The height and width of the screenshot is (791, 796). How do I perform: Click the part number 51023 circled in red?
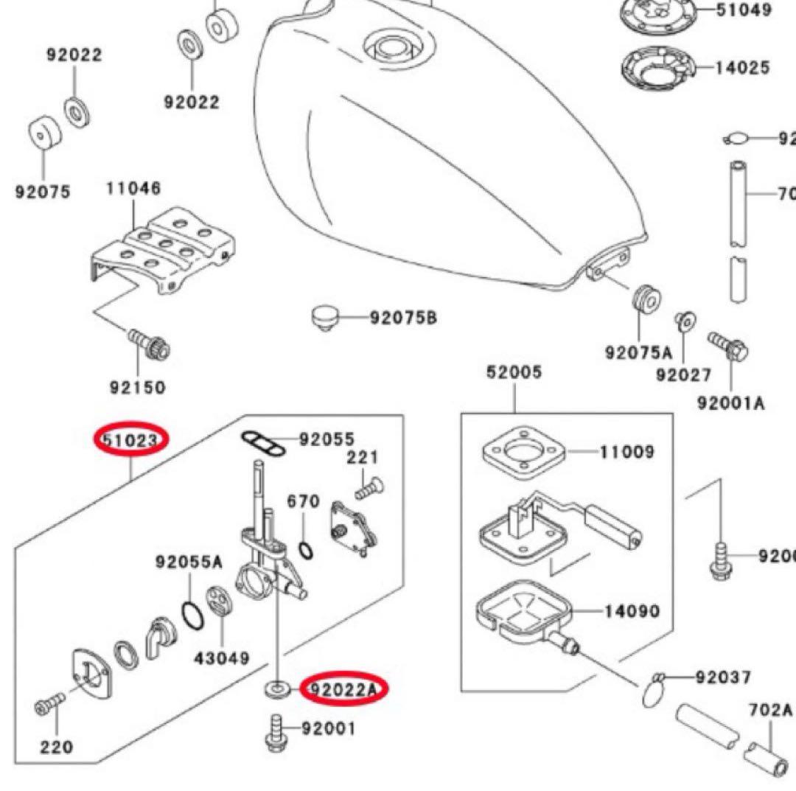[x=131, y=440]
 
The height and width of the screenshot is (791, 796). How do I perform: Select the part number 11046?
[x=133, y=188]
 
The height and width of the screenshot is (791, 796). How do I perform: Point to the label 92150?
[x=138, y=387]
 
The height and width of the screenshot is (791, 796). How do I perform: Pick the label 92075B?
[x=403, y=318]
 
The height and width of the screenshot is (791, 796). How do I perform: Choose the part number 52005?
[x=514, y=372]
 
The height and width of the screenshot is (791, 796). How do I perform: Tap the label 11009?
[x=626, y=451]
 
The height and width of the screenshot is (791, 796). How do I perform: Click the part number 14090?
[x=632, y=611]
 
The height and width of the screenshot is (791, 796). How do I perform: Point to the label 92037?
[x=724, y=677]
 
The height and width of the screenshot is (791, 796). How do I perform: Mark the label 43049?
[x=222, y=657]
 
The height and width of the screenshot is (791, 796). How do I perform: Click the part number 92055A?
[x=189, y=562]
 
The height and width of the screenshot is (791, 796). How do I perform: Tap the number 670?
[x=303, y=501]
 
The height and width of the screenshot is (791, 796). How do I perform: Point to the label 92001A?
[x=730, y=403]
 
